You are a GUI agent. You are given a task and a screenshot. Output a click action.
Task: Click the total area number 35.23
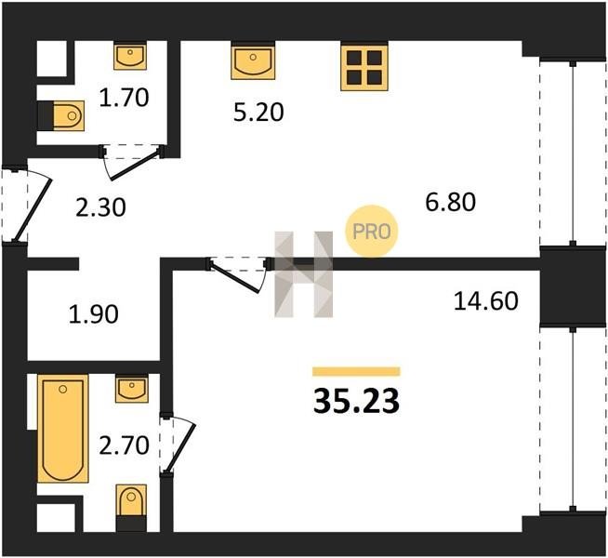pyautogui.click(x=356, y=402)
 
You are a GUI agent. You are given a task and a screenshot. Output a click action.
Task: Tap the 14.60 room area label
pyautogui.click(x=486, y=301)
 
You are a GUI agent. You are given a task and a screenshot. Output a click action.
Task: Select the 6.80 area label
pyautogui.click(x=450, y=202)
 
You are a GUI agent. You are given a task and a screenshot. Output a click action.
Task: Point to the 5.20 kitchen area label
pyautogui.click(x=258, y=113)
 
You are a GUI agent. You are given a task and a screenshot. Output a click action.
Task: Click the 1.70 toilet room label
pyautogui.click(x=124, y=98)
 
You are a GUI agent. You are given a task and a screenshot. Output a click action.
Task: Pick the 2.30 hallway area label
pyautogui.click(x=100, y=207)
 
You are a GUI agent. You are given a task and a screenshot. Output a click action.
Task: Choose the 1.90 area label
pyautogui.click(x=94, y=314)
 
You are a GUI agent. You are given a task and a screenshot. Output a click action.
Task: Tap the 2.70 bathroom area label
pyautogui.click(x=124, y=445)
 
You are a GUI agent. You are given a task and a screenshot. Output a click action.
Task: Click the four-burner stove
pyautogui.click(x=364, y=68)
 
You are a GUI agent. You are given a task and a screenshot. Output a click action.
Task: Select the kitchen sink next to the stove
pyautogui.click(x=253, y=62)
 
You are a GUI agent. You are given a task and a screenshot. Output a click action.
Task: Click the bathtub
pyautogui.click(x=63, y=429)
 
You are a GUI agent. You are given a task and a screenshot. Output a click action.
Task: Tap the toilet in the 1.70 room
pyautogui.click(x=68, y=115)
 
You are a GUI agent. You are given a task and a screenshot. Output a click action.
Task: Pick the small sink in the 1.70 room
pyautogui.click(x=130, y=57)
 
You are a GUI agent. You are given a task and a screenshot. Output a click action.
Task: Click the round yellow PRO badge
pyautogui.click(x=372, y=232)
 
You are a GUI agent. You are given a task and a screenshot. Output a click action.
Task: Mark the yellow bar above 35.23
pyautogui.click(x=356, y=371)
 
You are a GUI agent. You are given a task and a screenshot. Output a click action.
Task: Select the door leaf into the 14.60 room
pyautogui.click(x=236, y=278)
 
